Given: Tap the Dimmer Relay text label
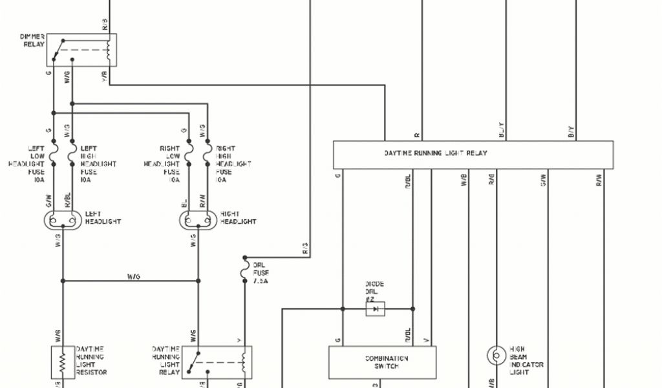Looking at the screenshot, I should coord(32,40).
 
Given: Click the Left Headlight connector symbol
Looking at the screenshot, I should coord(63,221).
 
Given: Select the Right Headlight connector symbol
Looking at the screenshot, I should coord(197,221).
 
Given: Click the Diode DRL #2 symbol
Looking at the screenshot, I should coord(375,309).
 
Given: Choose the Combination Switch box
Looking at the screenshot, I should coord(382,362).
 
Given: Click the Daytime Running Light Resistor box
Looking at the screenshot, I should coord(63,362).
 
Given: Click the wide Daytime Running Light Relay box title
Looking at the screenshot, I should coord(435,153).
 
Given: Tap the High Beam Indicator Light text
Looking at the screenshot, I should coord(526,360).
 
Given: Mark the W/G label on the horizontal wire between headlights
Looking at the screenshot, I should coord(134,276).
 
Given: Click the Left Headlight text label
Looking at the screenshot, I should coord(103,218).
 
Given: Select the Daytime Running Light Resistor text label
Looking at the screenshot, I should coord(91,360).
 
